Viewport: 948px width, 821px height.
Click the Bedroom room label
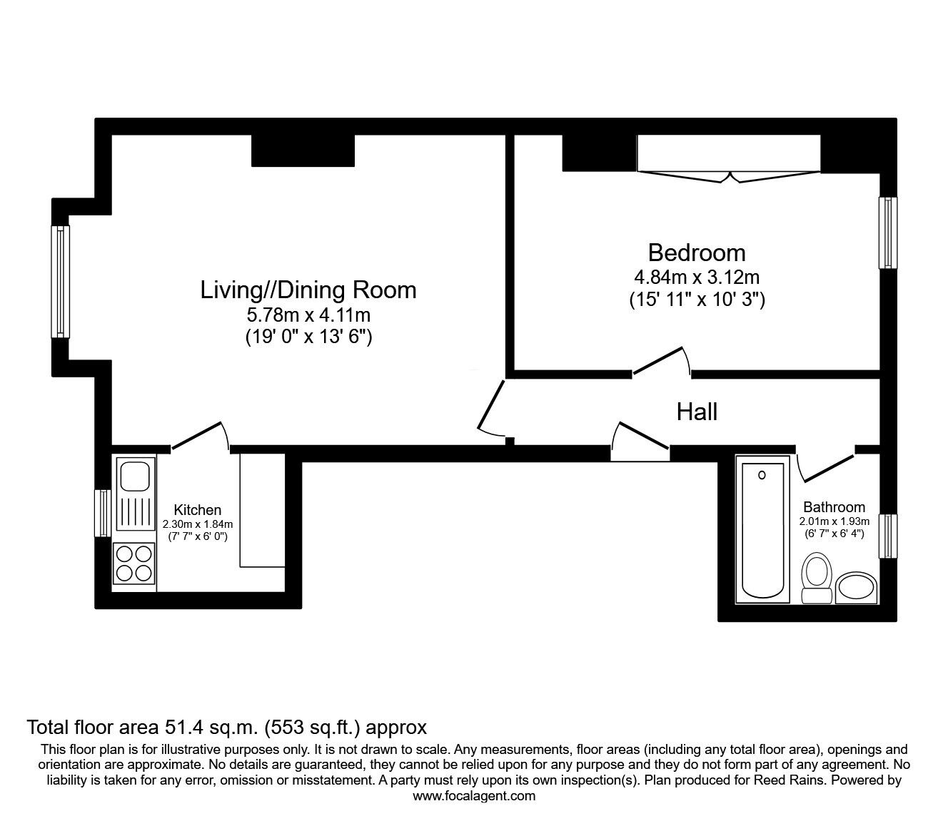[x=697, y=253]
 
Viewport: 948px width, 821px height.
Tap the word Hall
[x=697, y=412]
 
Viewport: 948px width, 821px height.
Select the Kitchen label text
[x=197, y=510]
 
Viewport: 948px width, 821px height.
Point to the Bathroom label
[x=834, y=507]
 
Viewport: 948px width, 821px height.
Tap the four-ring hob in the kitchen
[x=134, y=564]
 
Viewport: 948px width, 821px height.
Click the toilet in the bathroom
[x=817, y=578]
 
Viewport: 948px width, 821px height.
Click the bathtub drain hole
[x=762, y=475]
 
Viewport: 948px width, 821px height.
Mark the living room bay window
[x=60, y=282]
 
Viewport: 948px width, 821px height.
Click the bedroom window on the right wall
[x=888, y=233]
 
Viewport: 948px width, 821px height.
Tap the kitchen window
[x=103, y=513]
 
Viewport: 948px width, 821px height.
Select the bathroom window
[x=888, y=536]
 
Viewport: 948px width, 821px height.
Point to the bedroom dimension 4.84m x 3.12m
[x=697, y=277]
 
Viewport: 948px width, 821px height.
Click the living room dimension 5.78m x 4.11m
[x=308, y=315]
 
